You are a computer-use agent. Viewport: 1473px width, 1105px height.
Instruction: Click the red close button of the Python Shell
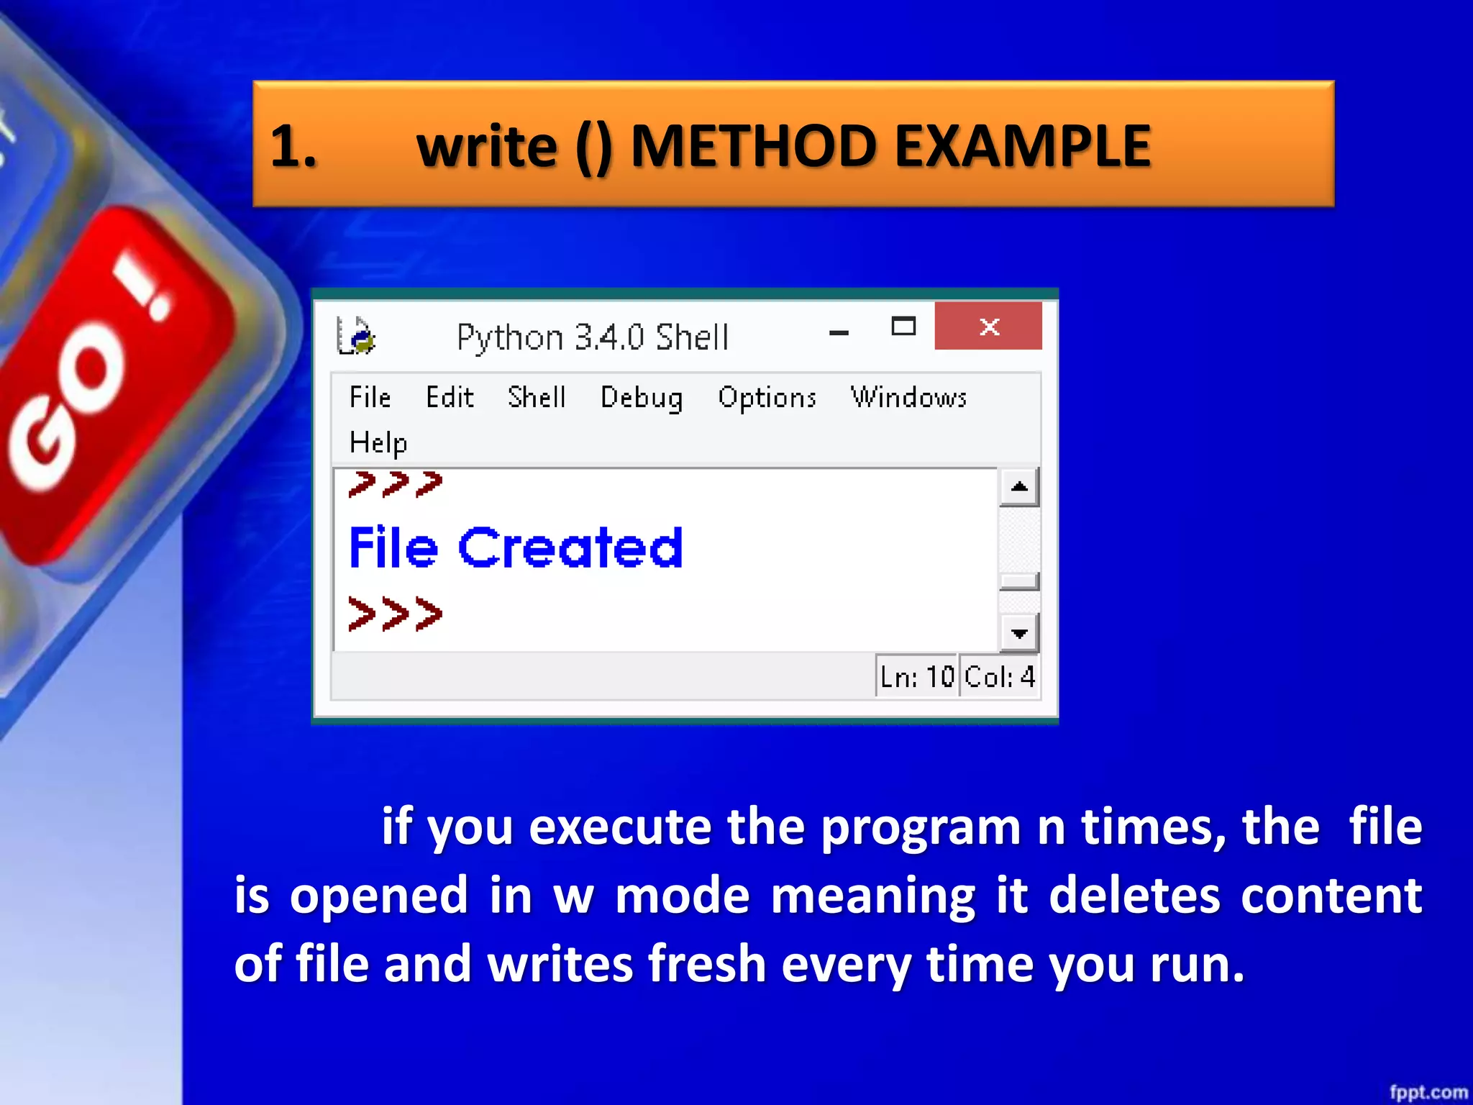988,327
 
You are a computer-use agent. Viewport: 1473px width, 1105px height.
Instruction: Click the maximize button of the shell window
903,327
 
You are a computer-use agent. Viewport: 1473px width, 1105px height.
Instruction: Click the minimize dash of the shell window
839,332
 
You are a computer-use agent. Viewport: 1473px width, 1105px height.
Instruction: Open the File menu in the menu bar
370,397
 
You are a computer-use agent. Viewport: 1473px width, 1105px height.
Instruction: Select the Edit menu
450,397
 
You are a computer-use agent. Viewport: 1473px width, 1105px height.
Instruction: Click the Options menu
767,398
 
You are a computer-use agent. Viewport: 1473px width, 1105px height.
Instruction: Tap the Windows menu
908,397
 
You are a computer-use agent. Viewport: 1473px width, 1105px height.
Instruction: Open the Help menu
378,442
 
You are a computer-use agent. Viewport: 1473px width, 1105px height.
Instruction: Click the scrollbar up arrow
1018,487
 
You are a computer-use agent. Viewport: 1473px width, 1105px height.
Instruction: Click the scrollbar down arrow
1018,633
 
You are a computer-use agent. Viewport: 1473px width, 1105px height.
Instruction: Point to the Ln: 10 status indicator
917,676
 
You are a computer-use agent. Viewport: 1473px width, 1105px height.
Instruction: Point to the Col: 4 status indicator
999,676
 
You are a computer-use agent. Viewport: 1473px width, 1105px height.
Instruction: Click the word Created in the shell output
570,548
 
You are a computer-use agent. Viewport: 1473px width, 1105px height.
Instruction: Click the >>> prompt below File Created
395,614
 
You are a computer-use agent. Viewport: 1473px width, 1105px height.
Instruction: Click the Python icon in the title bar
356,337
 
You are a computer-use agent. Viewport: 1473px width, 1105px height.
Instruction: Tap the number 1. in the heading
293,146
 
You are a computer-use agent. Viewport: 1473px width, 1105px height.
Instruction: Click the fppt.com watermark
1428,1092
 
